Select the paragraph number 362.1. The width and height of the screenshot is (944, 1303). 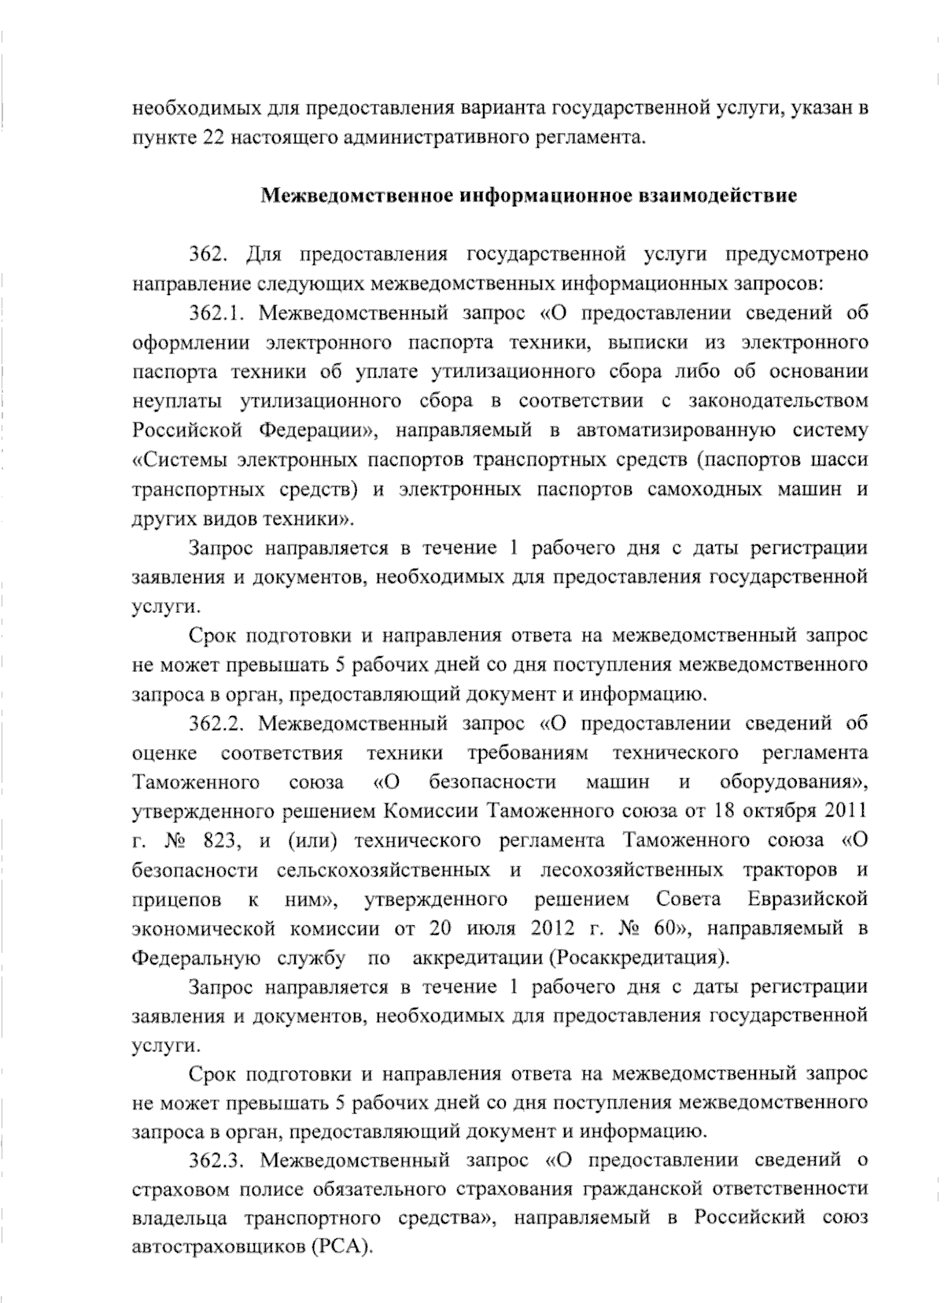point(217,313)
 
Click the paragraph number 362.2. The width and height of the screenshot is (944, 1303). point(218,723)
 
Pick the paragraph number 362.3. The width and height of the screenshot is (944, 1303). point(218,1160)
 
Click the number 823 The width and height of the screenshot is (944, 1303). point(219,840)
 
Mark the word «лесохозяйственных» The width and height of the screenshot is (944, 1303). point(632,869)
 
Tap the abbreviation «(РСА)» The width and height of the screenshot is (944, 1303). point(341,1247)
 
